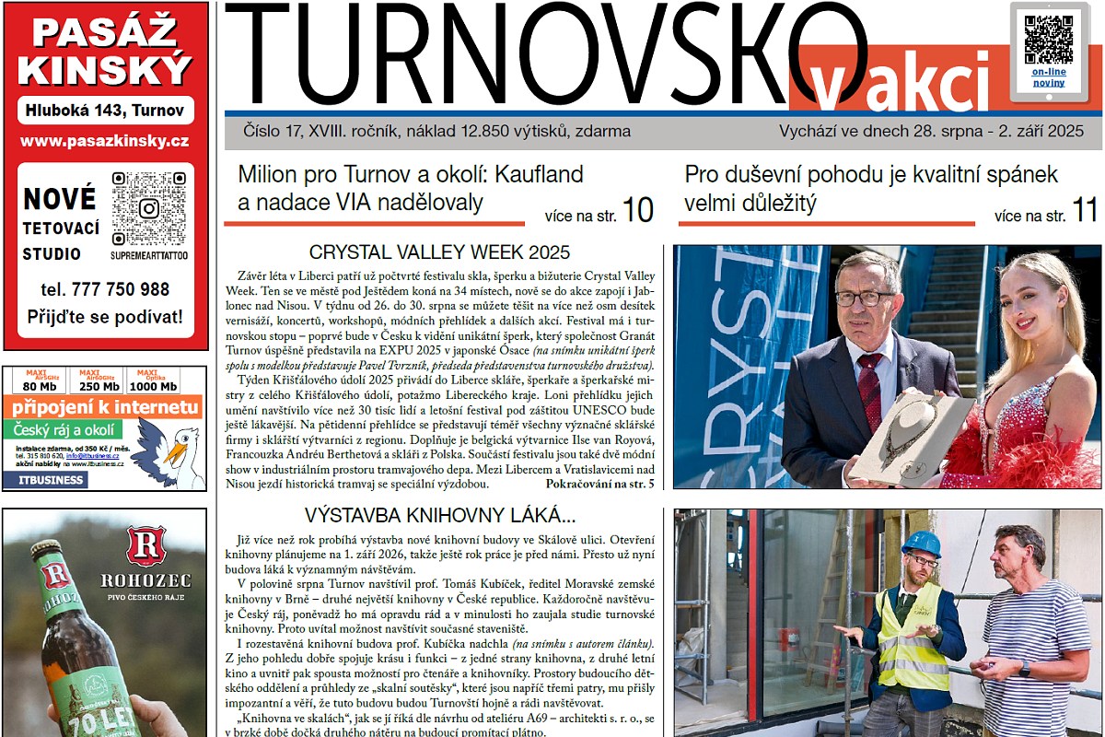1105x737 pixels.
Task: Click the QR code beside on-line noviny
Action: click(1048, 39)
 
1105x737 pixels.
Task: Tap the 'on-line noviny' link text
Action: click(1048, 76)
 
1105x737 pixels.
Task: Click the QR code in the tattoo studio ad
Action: click(148, 208)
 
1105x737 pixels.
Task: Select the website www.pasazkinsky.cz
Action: click(105, 141)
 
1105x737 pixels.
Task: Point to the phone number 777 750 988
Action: click(105, 289)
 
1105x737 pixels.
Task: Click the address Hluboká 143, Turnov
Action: click(105, 111)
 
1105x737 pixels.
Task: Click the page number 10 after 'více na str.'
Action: click(637, 211)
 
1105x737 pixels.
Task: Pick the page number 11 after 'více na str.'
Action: click(1084, 211)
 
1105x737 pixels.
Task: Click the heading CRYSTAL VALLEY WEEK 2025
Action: click(439, 252)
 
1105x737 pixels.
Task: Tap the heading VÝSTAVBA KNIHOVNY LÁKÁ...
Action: click(440, 514)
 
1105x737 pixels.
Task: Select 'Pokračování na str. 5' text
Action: click(599, 483)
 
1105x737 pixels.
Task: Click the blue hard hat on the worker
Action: click(920, 544)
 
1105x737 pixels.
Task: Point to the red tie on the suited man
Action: click(870, 386)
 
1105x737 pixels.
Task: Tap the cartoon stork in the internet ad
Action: click(177, 451)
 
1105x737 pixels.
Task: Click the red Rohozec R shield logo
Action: click(145, 547)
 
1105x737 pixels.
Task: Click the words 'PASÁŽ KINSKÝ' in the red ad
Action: click(105, 52)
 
